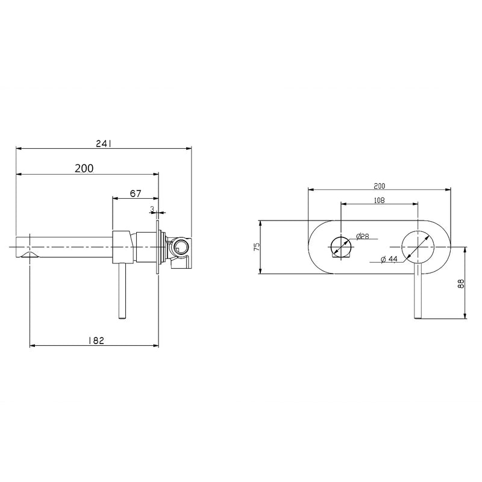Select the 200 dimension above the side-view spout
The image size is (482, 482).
(x=84, y=169)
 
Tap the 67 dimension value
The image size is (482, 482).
(x=136, y=193)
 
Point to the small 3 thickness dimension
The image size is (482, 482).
(x=152, y=209)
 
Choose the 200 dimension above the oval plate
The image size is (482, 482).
(x=379, y=186)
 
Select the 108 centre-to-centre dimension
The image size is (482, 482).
(x=379, y=200)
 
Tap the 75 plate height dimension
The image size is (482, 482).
(x=256, y=246)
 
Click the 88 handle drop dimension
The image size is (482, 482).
(x=461, y=283)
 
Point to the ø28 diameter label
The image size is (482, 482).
(x=363, y=236)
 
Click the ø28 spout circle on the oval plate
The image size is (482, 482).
(x=341, y=247)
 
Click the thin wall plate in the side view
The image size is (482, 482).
(x=158, y=247)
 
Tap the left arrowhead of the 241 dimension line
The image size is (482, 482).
(x=19, y=148)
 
